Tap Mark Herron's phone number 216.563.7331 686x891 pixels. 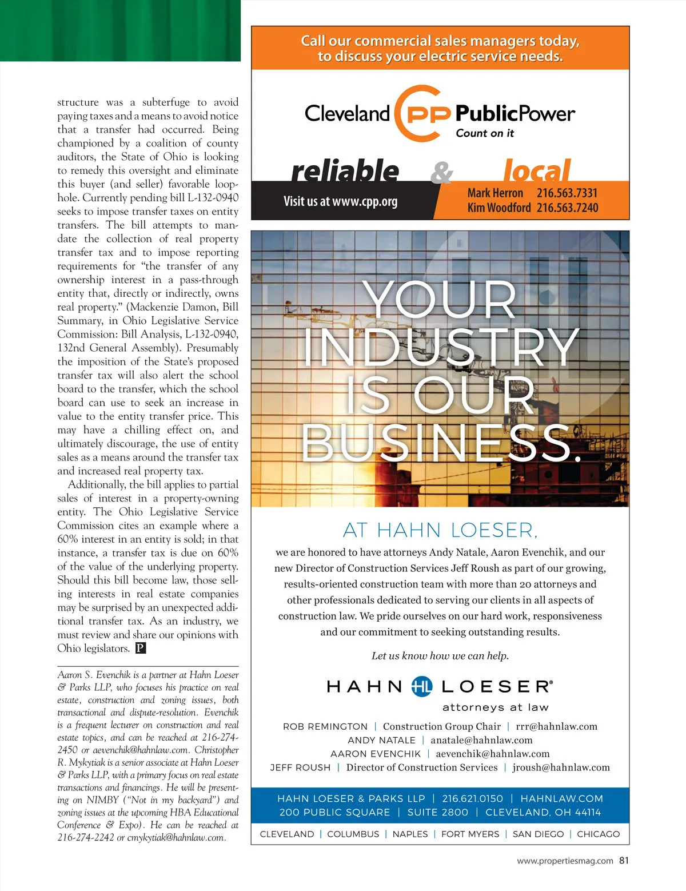pyautogui.click(x=567, y=193)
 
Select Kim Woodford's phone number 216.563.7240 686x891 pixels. pyautogui.click(x=567, y=208)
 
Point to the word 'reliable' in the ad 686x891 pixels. pyautogui.click(x=345, y=170)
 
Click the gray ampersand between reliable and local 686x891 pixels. pyautogui.click(x=441, y=172)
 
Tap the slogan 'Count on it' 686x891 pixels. pyautogui.click(x=485, y=133)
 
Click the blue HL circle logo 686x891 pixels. pyautogui.click(x=422, y=686)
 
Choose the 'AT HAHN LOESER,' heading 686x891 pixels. pyautogui.click(x=440, y=530)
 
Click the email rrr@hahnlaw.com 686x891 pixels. pyautogui.click(x=556, y=726)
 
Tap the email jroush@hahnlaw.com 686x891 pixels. pyautogui.click(x=561, y=767)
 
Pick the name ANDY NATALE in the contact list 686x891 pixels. pyautogui.click(x=381, y=740)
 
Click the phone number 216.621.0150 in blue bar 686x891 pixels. pyautogui.click(x=472, y=798)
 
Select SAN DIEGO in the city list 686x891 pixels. pyautogui.click(x=538, y=834)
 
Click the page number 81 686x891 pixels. pyautogui.click(x=624, y=860)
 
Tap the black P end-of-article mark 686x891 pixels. pyautogui.click(x=141, y=648)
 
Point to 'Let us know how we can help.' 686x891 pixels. pyautogui.click(x=440, y=656)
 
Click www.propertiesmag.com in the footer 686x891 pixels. pyautogui.click(x=565, y=861)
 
